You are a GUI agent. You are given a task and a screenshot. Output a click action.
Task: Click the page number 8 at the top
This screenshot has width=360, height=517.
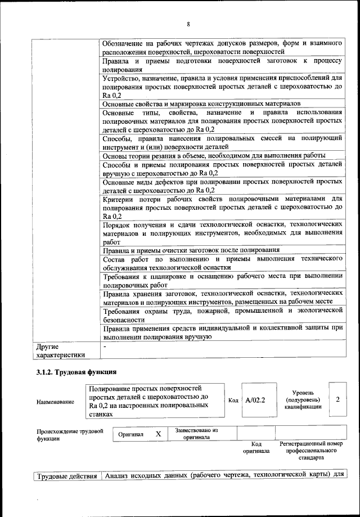click(x=188, y=24)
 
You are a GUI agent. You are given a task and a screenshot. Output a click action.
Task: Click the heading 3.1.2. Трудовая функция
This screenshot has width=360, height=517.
click(x=76, y=372)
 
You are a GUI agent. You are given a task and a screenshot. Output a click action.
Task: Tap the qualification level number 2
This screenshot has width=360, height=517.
click(x=337, y=399)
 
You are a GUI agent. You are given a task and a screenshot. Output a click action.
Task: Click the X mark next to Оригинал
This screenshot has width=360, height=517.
click(x=158, y=434)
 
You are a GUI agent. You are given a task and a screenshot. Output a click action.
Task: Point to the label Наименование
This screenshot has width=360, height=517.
click(x=55, y=402)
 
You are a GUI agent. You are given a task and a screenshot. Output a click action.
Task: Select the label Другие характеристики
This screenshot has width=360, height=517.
click(x=60, y=351)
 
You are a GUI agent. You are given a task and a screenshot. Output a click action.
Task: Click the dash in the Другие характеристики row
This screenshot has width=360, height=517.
click(x=105, y=347)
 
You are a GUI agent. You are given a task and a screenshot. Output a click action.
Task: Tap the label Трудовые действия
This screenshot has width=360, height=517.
click(x=67, y=477)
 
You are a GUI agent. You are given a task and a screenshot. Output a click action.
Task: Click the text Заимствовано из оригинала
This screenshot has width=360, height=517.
click(x=196, y=434)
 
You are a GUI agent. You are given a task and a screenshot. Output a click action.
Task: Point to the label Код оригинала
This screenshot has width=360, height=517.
click(x=256, y=447)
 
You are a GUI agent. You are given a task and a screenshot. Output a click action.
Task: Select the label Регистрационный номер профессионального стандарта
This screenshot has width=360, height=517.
click(x=310, y=451)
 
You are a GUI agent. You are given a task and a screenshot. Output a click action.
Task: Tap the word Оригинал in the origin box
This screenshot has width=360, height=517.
click(x=130, y=434)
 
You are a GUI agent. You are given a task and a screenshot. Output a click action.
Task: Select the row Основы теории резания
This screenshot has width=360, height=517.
click(x=214, y=156)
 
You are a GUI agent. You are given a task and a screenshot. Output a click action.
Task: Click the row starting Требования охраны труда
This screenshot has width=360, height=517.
click(x=222, y=314)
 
